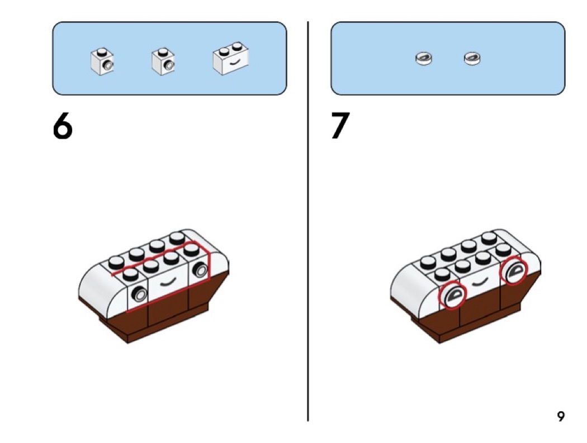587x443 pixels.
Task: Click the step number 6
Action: point(63,127)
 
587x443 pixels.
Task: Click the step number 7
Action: point(339,127)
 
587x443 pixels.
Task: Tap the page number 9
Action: point(560,416)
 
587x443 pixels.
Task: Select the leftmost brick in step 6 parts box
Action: point(102,60)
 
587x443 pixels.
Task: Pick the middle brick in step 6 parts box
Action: point(162,60)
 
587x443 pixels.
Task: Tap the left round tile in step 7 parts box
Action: point(424,58)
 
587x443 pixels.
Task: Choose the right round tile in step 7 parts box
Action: point(472,58)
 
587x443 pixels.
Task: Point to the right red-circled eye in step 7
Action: point(514,271)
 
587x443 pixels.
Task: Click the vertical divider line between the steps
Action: point(307,223)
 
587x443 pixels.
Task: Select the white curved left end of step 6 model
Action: point(101,285)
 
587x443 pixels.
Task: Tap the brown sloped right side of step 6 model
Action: point(218,290)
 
